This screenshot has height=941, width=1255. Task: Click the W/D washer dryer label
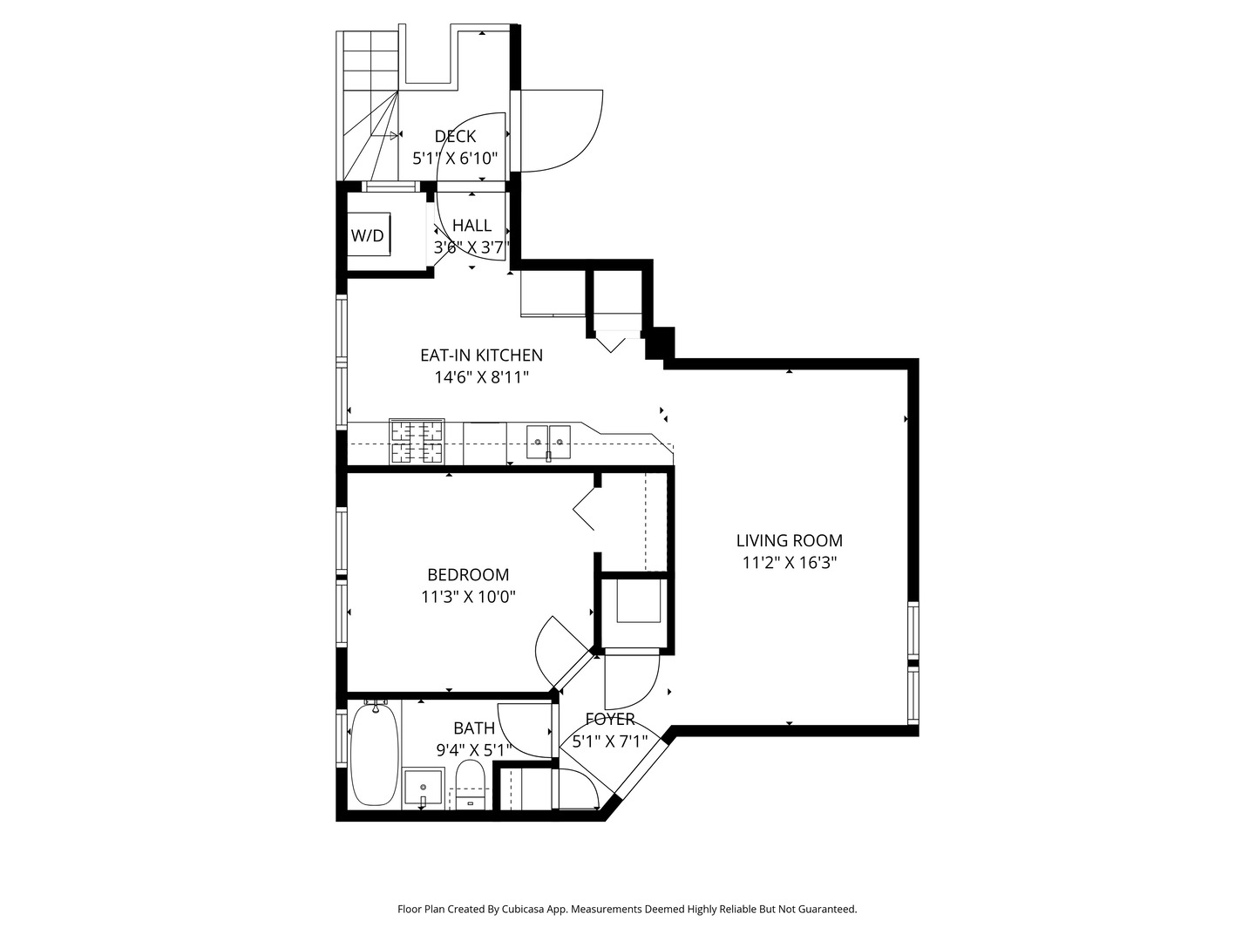pos(367,235)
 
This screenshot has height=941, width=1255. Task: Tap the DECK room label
pos(455,136)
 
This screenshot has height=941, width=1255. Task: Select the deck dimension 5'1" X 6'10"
pos(455,159)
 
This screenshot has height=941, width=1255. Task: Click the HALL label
pos(471,226)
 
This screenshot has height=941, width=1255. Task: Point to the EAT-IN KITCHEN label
pos(481,355)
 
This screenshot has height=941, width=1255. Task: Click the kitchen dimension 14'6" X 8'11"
pos(481,377)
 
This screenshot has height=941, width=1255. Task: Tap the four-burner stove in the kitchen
pos(417,442)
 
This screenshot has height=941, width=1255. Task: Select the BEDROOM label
pos(468,574)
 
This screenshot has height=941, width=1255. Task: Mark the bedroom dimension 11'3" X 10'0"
pos(468,597)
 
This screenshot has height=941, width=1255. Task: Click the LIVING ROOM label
pos(789,540)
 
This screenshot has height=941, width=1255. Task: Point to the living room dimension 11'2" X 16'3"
pos(789,563)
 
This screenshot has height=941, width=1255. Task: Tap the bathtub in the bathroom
pos(375,755)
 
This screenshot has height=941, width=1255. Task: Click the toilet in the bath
pos(470,784)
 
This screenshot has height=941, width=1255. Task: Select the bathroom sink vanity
pos(424,789)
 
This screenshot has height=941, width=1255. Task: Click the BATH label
pos(474,728)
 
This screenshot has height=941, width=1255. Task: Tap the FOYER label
pos(610,719)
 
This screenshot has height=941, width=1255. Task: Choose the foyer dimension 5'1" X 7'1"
pos(610,742)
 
